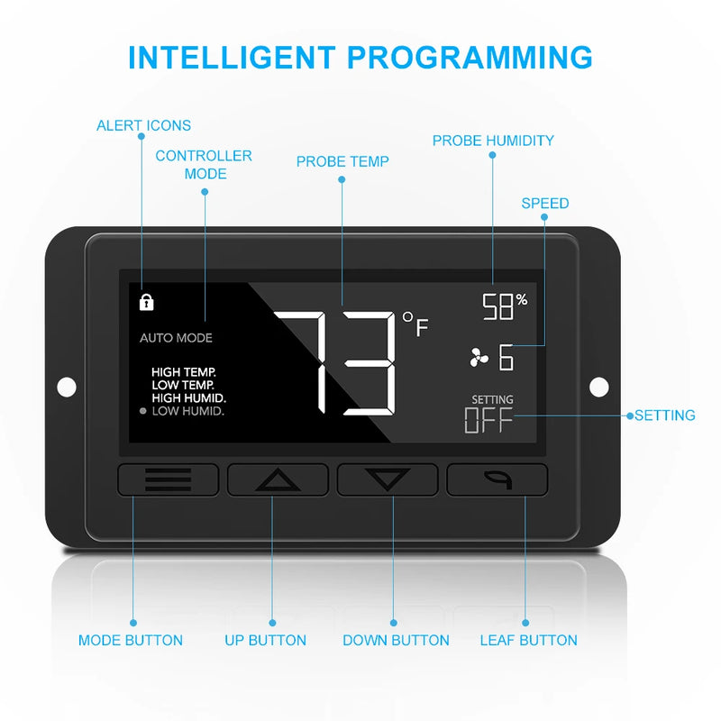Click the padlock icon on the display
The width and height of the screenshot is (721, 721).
(146, 302)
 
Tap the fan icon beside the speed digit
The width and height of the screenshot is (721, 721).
(479, 357)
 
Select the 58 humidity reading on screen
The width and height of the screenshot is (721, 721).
(497, 306)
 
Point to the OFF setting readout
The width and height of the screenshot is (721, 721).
(488, 420)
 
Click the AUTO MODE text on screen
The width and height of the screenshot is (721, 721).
(176, 338)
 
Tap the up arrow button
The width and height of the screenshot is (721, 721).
(278, 479)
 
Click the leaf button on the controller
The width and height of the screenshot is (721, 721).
(497, 479)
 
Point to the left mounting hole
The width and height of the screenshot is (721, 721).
(67, 387)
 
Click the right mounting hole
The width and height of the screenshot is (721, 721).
(598, 387)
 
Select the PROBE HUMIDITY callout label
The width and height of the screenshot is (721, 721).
(493, 141)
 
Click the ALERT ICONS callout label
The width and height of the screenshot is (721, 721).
(143, 125)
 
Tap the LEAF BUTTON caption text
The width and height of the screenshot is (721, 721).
(528, 640)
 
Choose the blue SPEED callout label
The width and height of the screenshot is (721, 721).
(545, 204)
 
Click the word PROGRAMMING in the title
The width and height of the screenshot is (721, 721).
(470, 58)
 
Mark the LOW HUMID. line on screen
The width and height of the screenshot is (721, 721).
(188, 411)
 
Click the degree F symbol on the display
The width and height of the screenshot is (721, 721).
(415, 324)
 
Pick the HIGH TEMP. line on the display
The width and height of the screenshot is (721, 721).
(184, 372)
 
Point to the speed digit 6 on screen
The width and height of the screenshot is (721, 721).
(506, 357)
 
